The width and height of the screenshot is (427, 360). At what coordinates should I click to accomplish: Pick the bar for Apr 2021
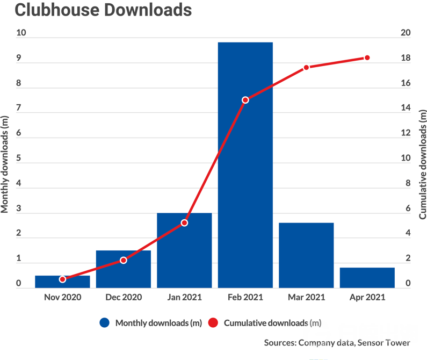367,277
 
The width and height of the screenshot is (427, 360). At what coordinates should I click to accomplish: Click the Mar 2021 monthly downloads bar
306,255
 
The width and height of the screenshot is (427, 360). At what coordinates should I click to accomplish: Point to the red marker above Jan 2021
184,222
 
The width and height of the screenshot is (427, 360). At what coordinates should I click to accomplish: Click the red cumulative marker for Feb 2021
245,100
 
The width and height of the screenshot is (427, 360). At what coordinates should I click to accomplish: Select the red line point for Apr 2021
367,57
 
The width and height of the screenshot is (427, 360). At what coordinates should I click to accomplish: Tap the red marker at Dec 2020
124,260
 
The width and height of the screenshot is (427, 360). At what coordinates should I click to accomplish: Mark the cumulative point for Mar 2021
306,67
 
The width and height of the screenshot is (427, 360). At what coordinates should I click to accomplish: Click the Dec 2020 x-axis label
123,297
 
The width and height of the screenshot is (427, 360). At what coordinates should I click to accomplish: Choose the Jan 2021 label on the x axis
184,297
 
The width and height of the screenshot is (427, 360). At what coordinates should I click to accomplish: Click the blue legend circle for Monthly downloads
105,323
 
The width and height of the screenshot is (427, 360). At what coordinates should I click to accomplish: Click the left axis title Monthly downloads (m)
5,164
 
